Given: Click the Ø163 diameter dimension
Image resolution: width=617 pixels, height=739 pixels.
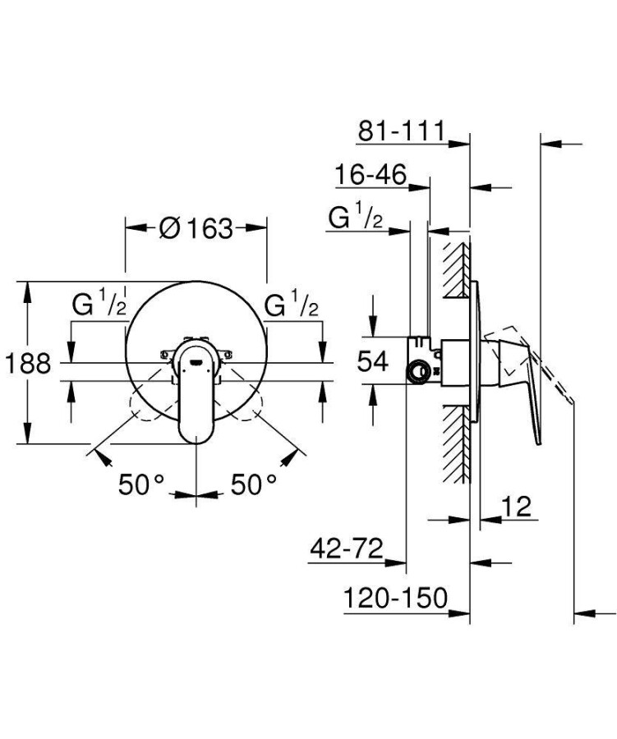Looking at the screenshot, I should (196, 227).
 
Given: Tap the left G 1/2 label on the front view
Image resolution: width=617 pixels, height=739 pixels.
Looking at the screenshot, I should (99, 306).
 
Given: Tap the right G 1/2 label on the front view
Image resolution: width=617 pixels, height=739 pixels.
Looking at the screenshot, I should (292, 306).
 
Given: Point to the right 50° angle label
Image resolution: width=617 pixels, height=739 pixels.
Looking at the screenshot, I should (251, 485).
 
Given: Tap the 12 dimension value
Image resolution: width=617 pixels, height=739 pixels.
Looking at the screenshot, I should (516, 506).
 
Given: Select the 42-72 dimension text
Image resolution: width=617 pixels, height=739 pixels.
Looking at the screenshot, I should (346, 549).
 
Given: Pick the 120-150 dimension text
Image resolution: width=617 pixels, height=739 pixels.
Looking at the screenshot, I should (395, 598).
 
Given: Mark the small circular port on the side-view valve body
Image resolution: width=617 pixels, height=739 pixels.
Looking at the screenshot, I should (420, 371).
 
